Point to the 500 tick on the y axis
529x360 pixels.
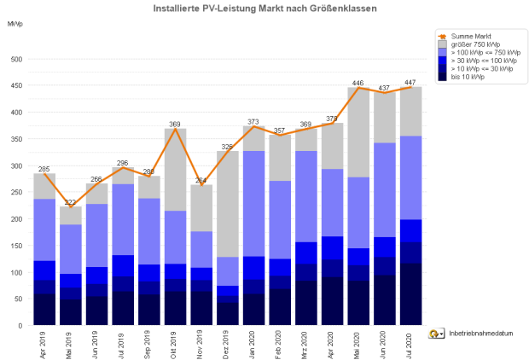(x=15, y=60)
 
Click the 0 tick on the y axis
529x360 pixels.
(x=19, y=326)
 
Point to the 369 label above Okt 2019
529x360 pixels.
(x=176, y=125)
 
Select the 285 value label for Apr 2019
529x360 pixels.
(x=44, y=169)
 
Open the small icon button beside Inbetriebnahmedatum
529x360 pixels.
(x=436, y=334)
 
